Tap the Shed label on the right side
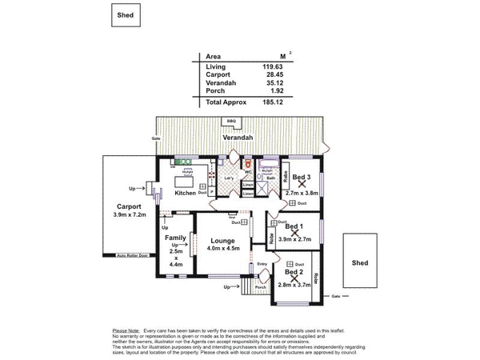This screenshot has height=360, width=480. [x=360, y=262]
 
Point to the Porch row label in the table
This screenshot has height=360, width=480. [x=216, y=91]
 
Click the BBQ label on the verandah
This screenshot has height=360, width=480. [x=231, y=121]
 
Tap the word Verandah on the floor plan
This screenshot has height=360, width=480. [x=238, y=138]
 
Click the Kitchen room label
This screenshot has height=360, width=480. [x=186, y=193]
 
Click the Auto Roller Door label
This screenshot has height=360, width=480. [x=132, y=256]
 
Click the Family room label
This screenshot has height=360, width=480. [x=175, y=238]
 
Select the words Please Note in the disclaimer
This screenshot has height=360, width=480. [x=126, y=330]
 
